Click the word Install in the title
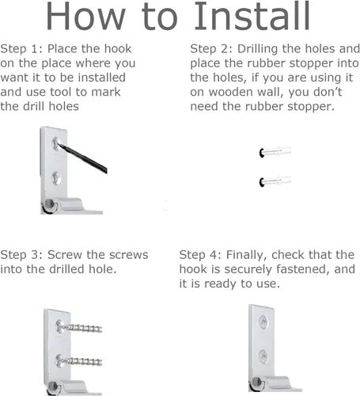[x=252, y=17]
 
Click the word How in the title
[x=85, y=17]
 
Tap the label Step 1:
[x=21, y=49]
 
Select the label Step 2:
[x=211, y=49]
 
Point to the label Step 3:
[x=21, y=255]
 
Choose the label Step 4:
[x=200, y=255]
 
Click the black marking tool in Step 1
[x=82, y=158]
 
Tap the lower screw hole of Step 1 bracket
[x=56, y=178]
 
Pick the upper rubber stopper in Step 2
[x=275, y=152]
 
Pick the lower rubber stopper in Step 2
[x=275, y=181]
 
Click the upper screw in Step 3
[x=78, y=327]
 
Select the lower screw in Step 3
[x=78, y=360]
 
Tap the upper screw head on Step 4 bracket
[x=263, y=322]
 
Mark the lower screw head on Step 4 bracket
[x=263, y=356]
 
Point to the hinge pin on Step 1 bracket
[x=49, y=204]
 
